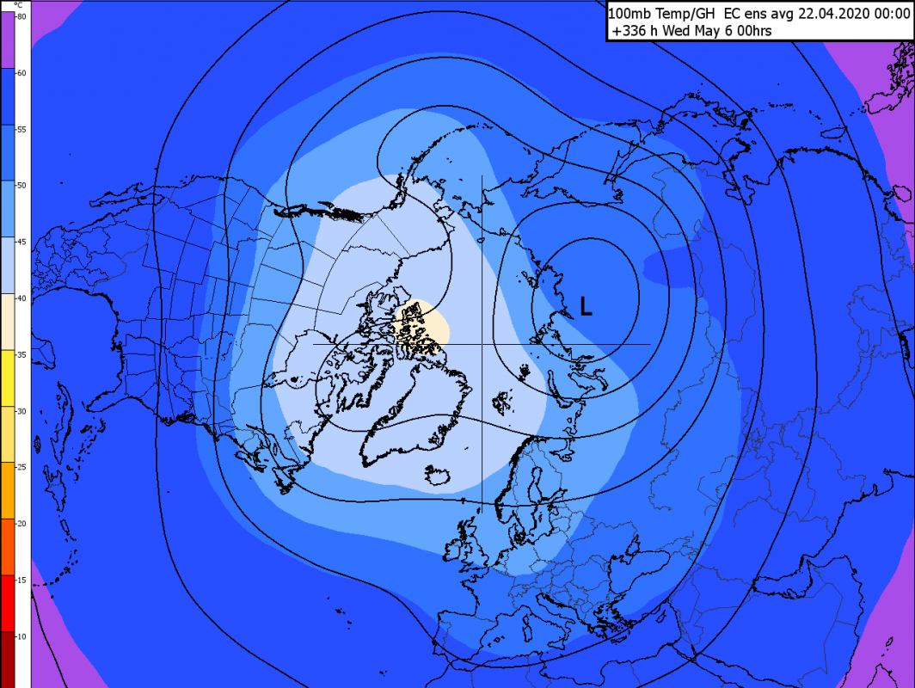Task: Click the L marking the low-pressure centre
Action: coord(586,305)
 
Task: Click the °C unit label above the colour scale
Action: coord(20,5)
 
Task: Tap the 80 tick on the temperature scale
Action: coord(21,17)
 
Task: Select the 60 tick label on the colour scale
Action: coord(21,73)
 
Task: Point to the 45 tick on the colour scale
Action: coord(21,242)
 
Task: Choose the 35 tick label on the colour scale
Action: coord(21,354)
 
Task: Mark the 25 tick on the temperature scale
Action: coord(21,467)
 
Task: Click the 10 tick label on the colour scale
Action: coord(21,636)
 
